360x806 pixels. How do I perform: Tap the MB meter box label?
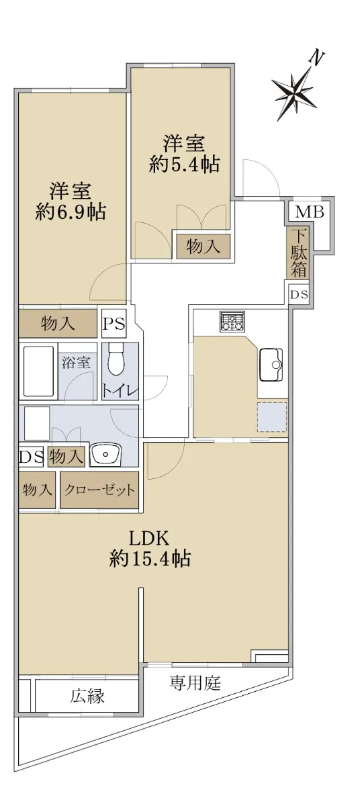pos(310,212)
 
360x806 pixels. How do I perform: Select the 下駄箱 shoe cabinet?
pos(298,253)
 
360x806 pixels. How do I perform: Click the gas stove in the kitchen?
pos(232,321)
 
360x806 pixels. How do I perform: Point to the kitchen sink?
pos(271,365)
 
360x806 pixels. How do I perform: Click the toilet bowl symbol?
pos(116,359)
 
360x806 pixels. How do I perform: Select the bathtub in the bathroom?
pos(38,371)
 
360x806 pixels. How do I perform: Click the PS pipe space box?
pos(114,324)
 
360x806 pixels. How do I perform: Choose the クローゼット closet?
pos(99,490)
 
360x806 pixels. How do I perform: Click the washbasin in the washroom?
pos(105,455)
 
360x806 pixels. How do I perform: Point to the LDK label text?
pos(149,539)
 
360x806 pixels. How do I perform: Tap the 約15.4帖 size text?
pos(150,559)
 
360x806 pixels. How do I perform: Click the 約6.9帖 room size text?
pos(71,212)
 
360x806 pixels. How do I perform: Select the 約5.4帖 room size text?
pos(185,165)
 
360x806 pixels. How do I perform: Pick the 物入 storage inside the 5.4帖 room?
pos(203,247)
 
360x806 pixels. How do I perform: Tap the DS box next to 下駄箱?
pos(300,295)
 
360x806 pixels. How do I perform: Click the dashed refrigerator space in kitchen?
pos(272,416)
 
